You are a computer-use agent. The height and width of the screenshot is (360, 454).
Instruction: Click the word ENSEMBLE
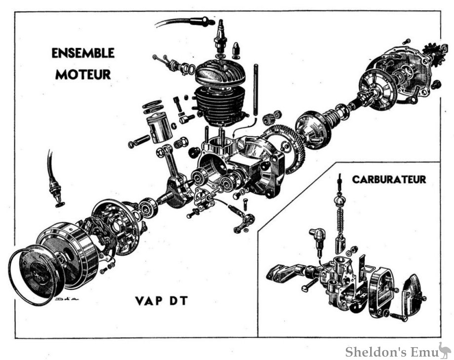tap(82, 53)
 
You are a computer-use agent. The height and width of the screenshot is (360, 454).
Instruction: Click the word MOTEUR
tap(82, 75)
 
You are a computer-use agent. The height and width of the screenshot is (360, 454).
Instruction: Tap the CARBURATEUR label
tap(388, 179)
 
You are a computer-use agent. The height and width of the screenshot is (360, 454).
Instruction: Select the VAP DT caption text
tap(161, 300)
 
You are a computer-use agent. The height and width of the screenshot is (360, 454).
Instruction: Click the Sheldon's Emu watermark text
tap(390, 352)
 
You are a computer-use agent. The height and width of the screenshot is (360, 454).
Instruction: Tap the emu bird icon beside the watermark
tap(444, 350)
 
